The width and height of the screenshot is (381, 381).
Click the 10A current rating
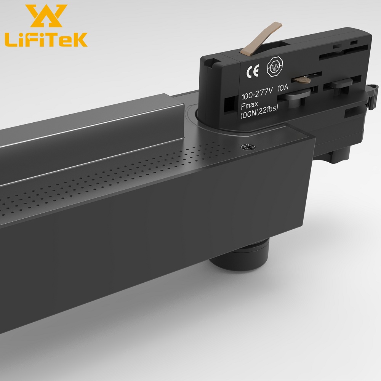283,88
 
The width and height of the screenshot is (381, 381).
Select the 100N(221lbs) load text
260,109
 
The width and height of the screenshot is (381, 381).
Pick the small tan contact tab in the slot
301,79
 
